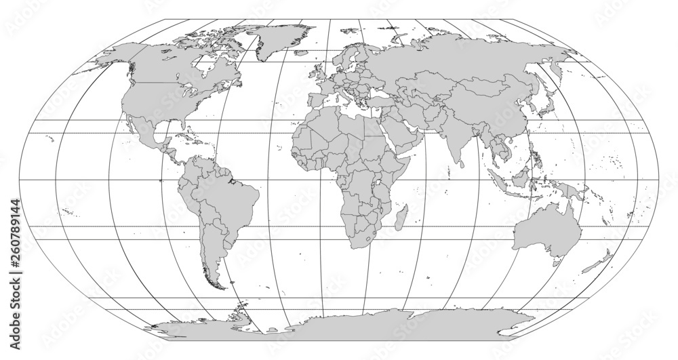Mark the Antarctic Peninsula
click(x=239, y=313)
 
